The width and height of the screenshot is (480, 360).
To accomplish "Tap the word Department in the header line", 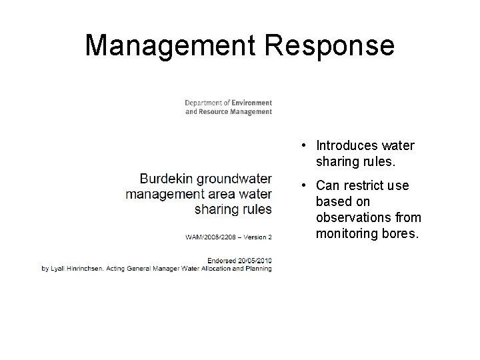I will point(203,103).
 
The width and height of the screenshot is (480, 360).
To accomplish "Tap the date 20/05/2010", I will point(256,261).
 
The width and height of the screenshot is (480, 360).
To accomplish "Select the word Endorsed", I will point(223,261).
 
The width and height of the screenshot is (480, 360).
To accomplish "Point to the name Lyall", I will point(59,269).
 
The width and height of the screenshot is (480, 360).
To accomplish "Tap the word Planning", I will point(257,269).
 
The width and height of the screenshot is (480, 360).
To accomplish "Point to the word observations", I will point(351,217).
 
